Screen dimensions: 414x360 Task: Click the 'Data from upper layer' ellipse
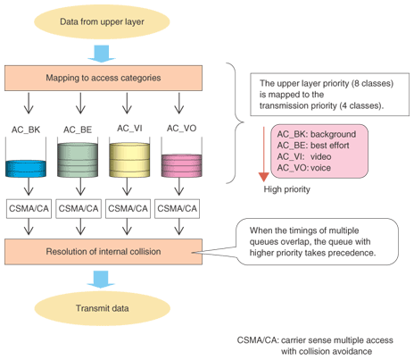(102, 21)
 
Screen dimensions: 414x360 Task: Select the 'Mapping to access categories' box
(103, 78)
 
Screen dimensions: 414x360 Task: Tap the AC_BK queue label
(26, 130)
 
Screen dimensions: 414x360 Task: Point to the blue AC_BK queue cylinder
(26, 169)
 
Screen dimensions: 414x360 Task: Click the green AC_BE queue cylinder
(78, 160)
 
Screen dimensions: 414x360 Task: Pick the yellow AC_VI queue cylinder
(129, 160)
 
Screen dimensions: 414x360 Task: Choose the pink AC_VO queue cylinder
(181, 165)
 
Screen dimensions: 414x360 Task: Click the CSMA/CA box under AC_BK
(29, 208)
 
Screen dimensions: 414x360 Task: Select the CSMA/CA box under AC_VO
(178, 208)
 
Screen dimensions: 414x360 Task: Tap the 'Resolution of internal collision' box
(103, 252)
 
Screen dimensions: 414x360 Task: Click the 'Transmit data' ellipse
(102, 308)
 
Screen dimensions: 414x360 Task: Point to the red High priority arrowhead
(263, 177)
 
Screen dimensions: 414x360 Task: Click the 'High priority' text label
(287, 189)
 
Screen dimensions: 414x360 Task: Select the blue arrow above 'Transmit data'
(101, 280)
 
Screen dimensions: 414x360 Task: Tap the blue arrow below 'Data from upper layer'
(102, 54)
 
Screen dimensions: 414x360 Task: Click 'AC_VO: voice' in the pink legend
(304, 168)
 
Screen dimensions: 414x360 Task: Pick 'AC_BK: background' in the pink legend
(317, 134)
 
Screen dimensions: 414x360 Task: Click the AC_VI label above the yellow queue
(129, 129)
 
